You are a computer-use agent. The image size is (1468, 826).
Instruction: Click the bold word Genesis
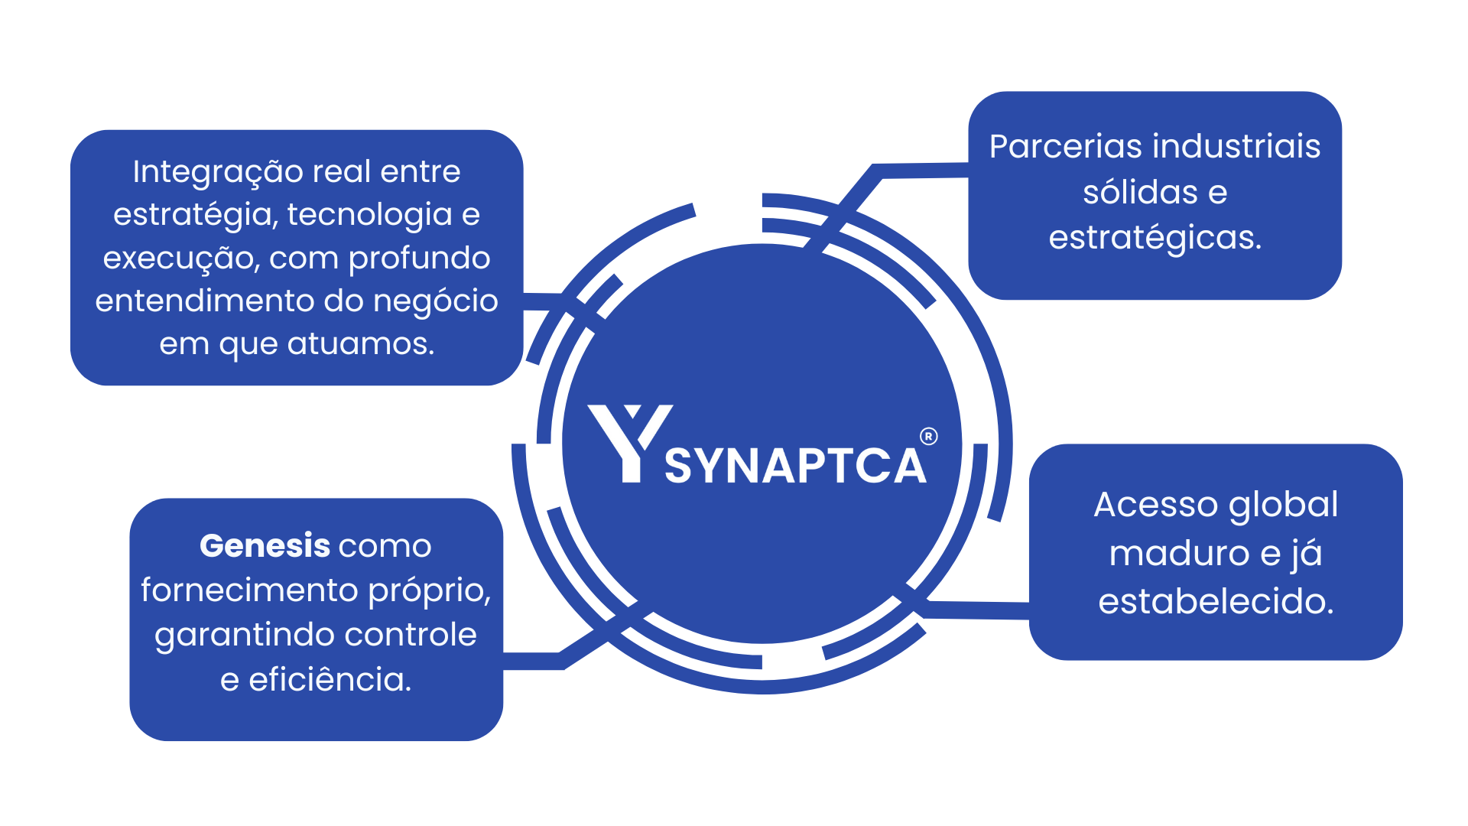pos(265,546)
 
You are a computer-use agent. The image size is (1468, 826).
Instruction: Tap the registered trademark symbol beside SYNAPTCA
pos(928,437)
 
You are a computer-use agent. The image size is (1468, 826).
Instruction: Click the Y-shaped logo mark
pos(629,442)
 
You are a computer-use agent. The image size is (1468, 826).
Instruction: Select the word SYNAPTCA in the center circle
pos(795,466)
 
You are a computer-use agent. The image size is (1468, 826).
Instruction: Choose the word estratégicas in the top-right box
pos(1155,238)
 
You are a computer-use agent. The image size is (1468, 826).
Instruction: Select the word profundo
pos(419,258)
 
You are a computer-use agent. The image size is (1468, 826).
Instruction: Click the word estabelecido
pos(1216,601)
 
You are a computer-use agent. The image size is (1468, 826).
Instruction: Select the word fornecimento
pos(250,590)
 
